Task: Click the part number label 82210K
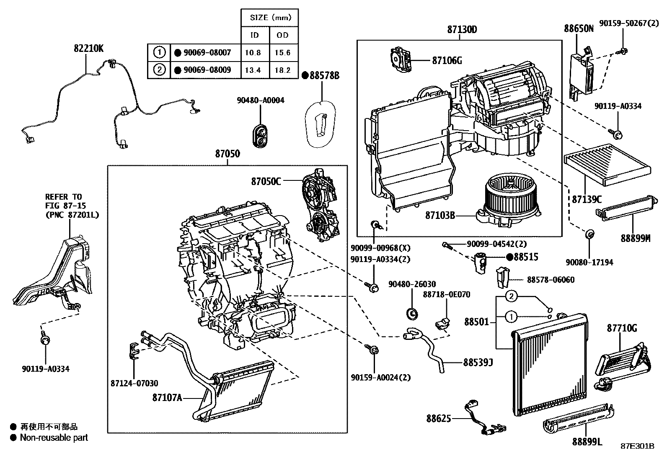89,49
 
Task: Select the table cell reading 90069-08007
203,53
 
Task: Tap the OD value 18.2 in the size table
282,70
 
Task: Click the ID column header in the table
254,35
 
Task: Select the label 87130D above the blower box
462,30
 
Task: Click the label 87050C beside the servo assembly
266,181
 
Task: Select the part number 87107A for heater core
167,397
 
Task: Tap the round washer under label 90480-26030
412,312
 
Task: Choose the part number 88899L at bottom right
587,441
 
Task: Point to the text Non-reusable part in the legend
54,438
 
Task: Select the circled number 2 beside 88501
511,296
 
